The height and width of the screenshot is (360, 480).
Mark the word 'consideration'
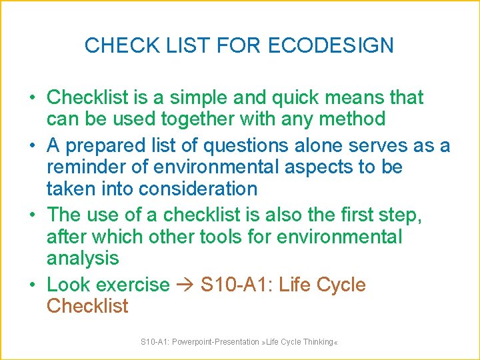(197, 189)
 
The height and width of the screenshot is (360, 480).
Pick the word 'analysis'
(83, 258)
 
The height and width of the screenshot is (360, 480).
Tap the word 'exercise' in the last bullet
(133, 285)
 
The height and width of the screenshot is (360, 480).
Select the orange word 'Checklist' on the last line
(87, 306)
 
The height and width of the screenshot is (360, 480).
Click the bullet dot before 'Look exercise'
(33, 285)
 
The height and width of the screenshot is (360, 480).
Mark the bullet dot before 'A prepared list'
(33, 145)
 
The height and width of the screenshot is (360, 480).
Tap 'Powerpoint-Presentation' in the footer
(215, 342)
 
